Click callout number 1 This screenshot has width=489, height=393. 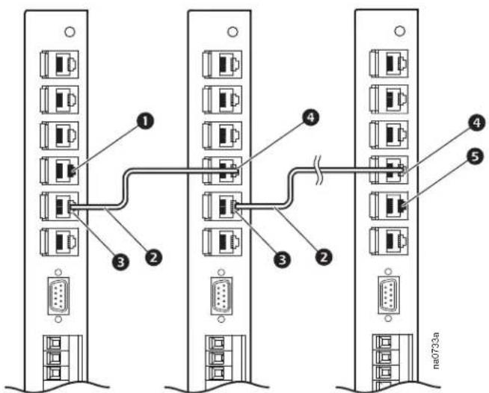tap(145, 121)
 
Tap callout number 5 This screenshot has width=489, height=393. tap(475, 157)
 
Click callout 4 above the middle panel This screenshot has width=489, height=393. tap(310, 118)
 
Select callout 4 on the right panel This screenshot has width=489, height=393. tap(477, 123)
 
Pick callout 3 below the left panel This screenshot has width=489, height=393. tap(120, 262)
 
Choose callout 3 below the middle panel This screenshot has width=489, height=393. tap(282, 259)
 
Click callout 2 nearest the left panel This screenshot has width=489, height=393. tap(153, 258)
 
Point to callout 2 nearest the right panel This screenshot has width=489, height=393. tap(324, 257)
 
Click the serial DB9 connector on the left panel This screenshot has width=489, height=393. tap(58, 295)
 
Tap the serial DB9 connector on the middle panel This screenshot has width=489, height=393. tap(221, 296)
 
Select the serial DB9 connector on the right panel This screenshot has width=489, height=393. tap(389, 295)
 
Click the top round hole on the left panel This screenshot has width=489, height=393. tap(70, 32)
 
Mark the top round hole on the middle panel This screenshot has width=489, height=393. tap(233, 31)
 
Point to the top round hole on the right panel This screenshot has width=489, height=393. tap(400, 31)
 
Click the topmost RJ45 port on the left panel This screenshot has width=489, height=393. tap(59, 64)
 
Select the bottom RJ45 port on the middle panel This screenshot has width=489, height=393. tap(222, 242)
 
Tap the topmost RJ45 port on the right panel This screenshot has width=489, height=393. tap(389, 64)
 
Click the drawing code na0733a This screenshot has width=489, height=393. tap(436, 350)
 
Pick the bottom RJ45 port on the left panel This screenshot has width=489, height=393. tap(59, 242)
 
